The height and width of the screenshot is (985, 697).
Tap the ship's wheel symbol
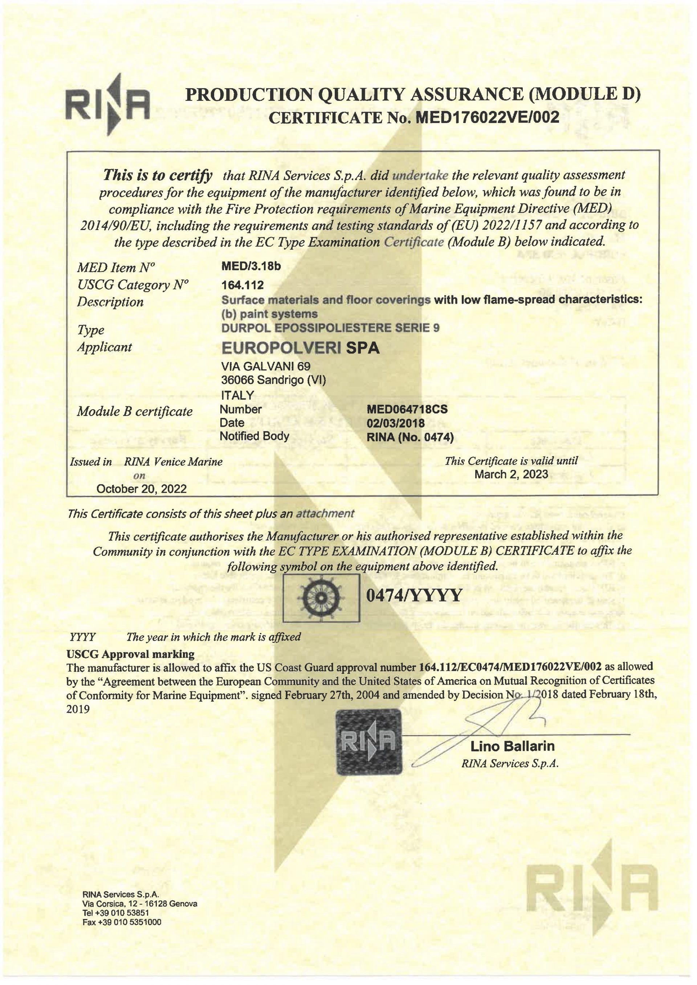click(321, 598)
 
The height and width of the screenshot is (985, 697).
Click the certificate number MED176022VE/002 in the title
click(488, 117)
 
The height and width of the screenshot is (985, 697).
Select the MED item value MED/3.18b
click(251, 266)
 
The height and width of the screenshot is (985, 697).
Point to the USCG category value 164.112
click(242, 285)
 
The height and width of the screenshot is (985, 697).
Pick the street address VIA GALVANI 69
click(266, 366)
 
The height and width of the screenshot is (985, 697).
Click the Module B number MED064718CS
click(407, 409)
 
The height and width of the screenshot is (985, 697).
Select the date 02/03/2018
click(395, 423)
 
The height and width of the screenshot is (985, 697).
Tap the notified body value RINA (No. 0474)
click(410, 437)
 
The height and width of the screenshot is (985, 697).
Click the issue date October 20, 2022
click(141, 489)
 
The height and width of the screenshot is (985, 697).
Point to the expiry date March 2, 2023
click(511, 474)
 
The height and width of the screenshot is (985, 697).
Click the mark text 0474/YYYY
click(414, 595)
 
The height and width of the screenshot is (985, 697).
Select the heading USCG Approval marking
click(130, 654)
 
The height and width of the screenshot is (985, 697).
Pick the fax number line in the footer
click(122, 922)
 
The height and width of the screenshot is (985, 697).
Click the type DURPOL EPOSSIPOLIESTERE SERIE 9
click(330, 328)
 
